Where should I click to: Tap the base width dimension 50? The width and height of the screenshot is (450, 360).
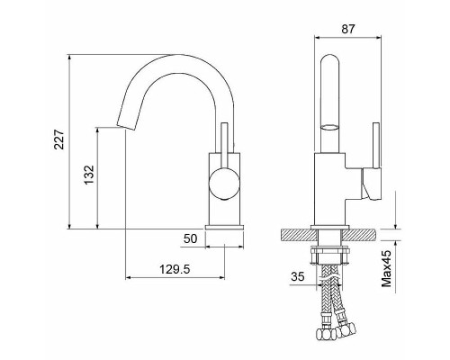coord(190,240)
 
